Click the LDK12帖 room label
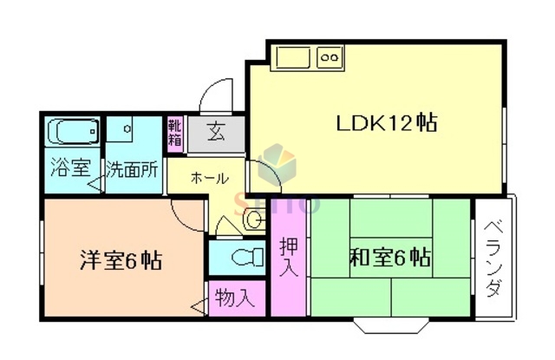pyautogui.click(x=385, y=123)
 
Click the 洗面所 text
pyautogui.click(x=132, y=168)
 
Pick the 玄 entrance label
pyautogui.click(x=216, y=134)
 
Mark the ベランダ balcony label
pyautogui.click(x=494, y=258)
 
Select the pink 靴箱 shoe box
pyautogui.click(x=175, y=135)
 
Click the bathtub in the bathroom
pyautogui.click(x=73, y=132)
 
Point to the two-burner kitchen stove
pyautogui.click(x=330, y=59)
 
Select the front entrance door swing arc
pyautogui.click(x=215, y=94)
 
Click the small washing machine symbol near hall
pyautogui.click(x=253, y=219)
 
